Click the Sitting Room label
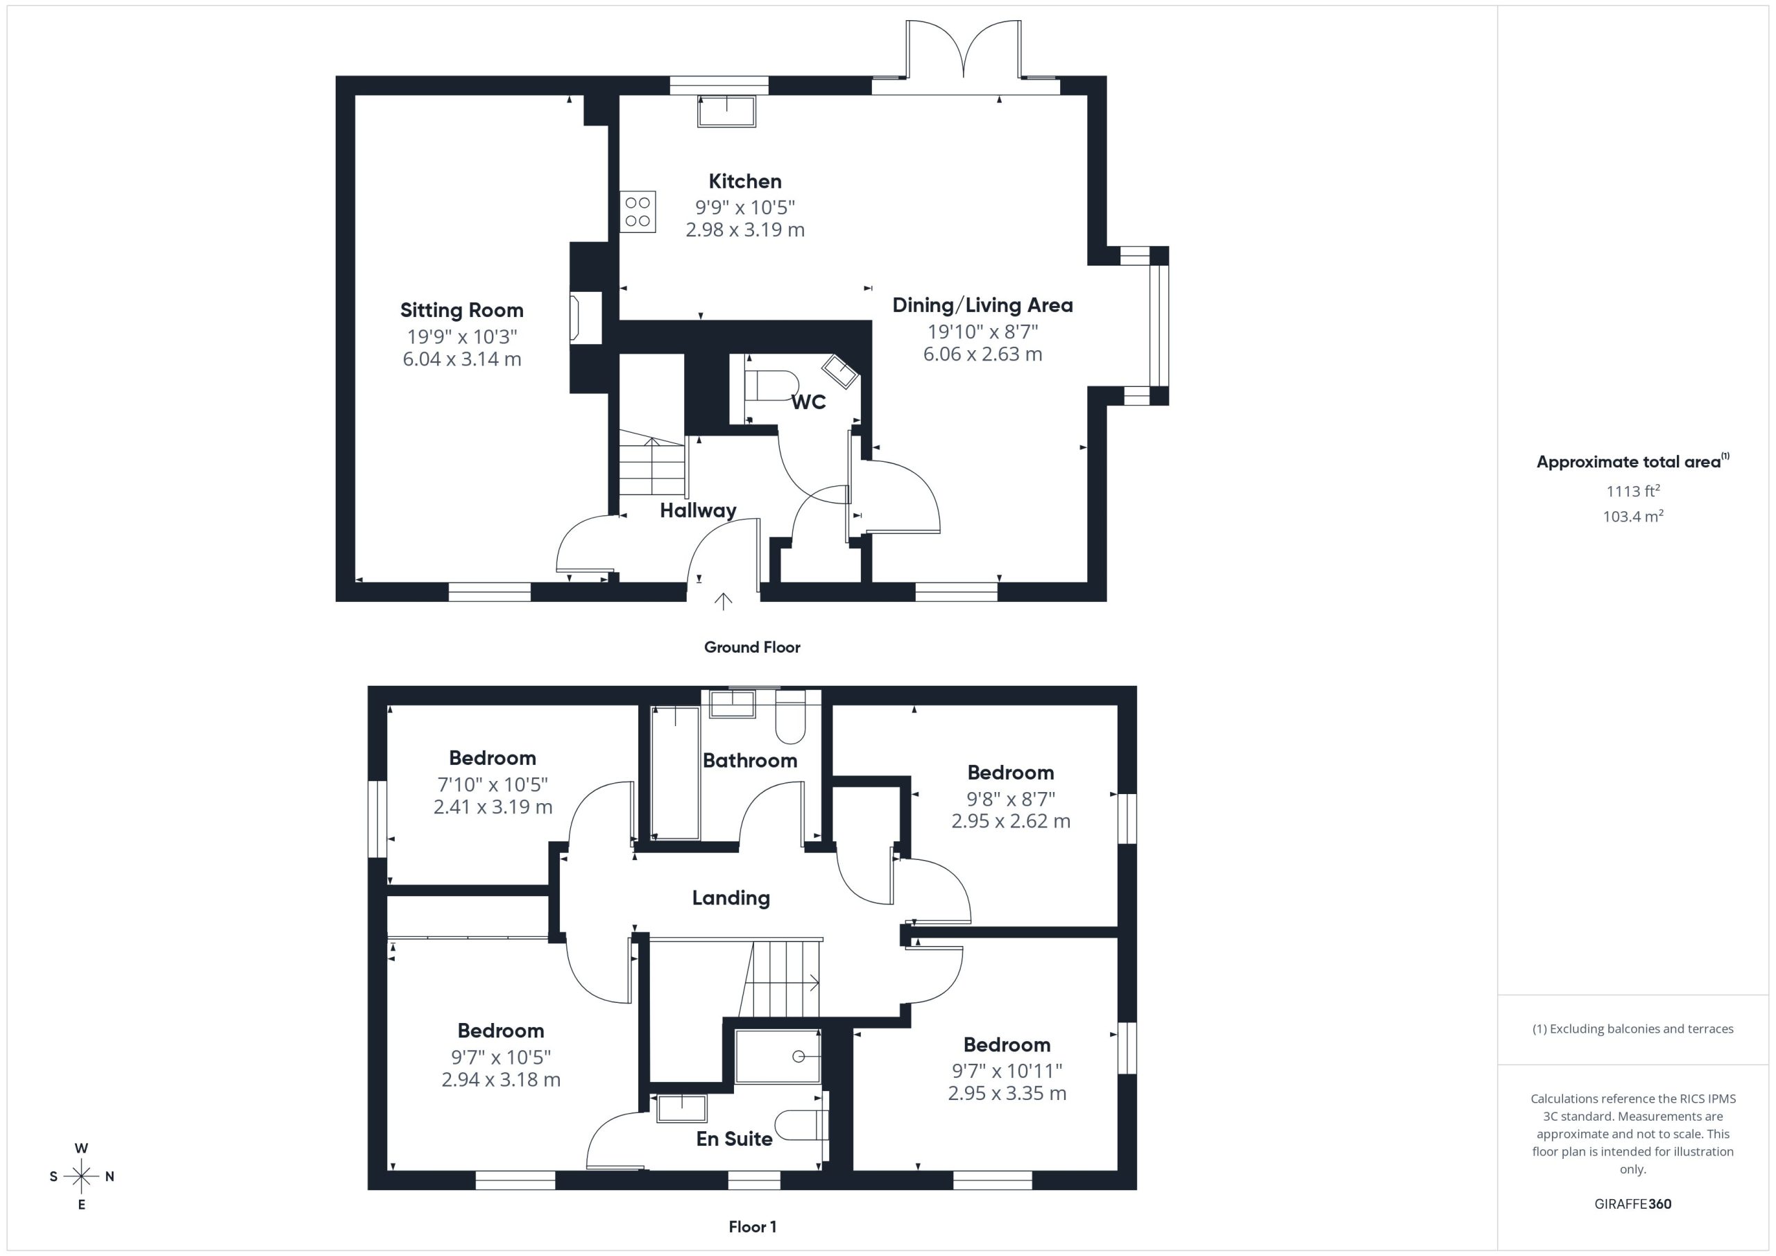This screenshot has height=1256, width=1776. pos(462,310)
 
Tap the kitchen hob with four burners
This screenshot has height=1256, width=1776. pos(638,211)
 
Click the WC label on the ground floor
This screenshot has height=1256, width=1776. pos(808,402)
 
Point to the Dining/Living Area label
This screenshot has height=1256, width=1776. pos(982,305)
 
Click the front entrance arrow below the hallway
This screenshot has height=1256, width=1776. pos(724,601)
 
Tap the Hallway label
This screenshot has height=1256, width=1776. pos(698,510)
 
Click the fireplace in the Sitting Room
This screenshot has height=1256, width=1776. pos(586,317)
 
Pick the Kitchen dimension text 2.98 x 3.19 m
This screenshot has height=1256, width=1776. pos(745,230)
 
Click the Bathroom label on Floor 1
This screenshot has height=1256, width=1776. pos(749,760)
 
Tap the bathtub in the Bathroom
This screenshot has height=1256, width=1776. pos(675,772)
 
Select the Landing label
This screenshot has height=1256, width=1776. pos(731,898)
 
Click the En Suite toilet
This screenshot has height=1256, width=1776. pos(801,1126)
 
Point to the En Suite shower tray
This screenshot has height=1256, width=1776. pos(778,1056)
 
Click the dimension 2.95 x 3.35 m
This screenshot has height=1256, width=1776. pos(1007,1093)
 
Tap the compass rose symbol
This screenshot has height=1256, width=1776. pos(81,1176)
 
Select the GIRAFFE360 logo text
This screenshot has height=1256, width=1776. pos(1633,1203)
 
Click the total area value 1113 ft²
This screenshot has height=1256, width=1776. pos(1633,490)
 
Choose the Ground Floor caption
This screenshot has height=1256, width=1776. pos(752,647)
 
